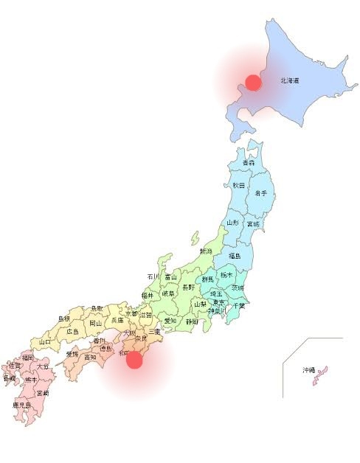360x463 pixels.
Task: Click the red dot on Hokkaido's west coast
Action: pyautogui.click(x=253, y=82)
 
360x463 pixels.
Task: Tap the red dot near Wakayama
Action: pyautogui.click(x=134, y=360)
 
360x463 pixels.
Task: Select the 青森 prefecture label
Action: pyautogui.click(x=249, y=162)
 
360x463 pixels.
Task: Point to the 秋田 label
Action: pyautogui.click(x=238, y=185)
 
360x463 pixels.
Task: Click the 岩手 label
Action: pyautogui.click(x=260, y=192)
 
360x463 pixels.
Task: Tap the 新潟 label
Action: pyautogui.click(x=205, y=251)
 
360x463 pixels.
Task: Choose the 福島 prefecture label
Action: pyautogui.click(x=234, y=256)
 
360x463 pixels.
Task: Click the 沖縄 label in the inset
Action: pyautogui.click(x=308, y=369)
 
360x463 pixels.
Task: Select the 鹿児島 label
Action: pyautogui.click(x=21, y=405)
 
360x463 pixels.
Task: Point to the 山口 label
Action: pyautogui.click(x=45, y=342)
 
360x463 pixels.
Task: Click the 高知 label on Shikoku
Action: pyautogui.click(x=90, y=357)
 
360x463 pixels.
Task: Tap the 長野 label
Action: pyautogui.click(x=189, y=287)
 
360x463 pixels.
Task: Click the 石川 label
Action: pyautogui.click(x=153, y=276)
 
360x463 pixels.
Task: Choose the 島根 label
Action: pyautogui.click(x=64, y=319)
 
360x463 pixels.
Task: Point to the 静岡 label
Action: pyautogui.click(x=192, y=321)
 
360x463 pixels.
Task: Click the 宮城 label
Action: pyautogui.click(x=253, y=223)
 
